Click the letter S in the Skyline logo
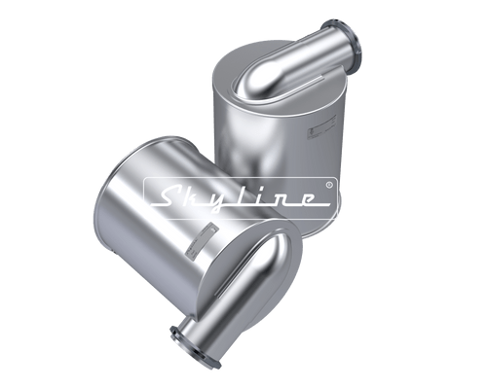[167, 197]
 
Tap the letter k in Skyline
[196, 197]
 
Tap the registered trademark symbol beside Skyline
[329, 183]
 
